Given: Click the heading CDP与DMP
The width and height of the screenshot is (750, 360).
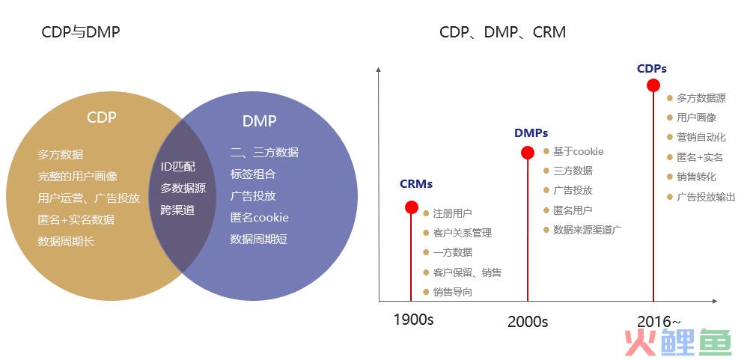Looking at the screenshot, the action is [81, 32].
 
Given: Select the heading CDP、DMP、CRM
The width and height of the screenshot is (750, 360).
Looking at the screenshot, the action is [503, 32].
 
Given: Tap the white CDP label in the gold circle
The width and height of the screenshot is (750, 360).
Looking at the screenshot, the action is [101, 118].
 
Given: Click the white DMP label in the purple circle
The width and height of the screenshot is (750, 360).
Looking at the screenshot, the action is [259, 121].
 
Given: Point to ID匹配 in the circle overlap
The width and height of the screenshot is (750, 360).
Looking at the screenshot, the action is [178, 167].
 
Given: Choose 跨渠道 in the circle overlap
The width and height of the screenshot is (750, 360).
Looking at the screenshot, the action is [178, 210].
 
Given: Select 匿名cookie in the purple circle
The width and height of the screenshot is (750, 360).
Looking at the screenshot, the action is [259, 218].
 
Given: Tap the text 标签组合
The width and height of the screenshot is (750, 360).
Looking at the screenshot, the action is [252, 174].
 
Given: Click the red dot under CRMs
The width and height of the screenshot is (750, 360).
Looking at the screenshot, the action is [412, 207].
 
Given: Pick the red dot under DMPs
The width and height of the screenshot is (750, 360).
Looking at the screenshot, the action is [528, 152].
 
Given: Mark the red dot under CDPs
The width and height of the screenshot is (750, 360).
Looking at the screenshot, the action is [653, 85].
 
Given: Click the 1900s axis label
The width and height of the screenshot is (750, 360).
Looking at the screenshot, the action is [414, 320].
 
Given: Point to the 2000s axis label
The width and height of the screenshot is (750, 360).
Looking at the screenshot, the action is [528, 321].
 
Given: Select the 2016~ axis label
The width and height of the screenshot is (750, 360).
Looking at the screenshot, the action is [659, 321].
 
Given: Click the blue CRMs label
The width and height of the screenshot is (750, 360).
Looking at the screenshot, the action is [416, 184].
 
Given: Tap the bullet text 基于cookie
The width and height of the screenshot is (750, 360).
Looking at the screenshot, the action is [579, 151].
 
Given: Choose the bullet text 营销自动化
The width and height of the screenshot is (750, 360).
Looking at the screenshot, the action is [701, 137].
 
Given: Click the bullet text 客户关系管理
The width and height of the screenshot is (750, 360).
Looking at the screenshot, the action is [463, 234].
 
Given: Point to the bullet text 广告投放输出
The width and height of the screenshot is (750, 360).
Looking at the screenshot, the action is [706, 197].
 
